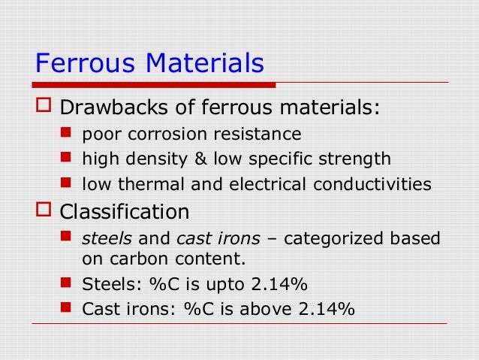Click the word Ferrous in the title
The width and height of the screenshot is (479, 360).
(x=79, y=63)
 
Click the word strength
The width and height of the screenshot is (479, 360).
(x=358, y=159)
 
